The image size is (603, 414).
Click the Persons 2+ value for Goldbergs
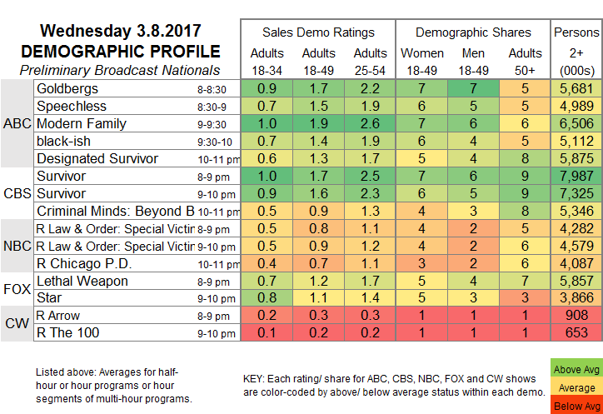tap(576, 87)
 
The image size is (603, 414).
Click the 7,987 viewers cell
tap(576, 177)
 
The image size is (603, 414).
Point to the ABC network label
tap(17, 123)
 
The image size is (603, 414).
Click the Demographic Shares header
tap(473, 32)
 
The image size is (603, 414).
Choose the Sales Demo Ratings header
tap(318, 32)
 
